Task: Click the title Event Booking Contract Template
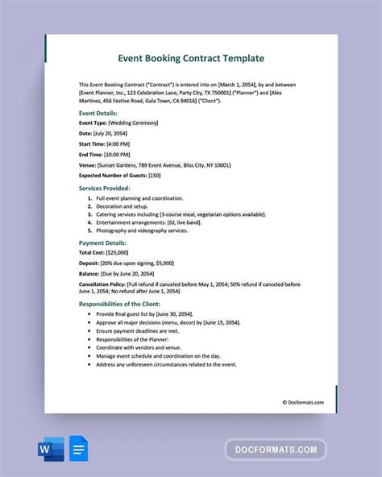coord(190,59)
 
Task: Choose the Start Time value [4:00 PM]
coord(121,142)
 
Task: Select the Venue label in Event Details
coord(87,163)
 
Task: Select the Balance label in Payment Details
coord(90,274)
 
